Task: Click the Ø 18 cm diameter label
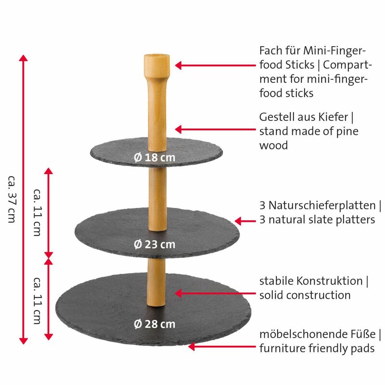(154, 157)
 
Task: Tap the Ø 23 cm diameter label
(154, 244)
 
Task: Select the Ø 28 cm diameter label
(154, 324)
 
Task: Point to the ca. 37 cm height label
(12, 199)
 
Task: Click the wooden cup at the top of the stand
(157, 66)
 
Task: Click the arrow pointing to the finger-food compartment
(215, 65)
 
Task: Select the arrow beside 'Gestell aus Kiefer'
(215, 129)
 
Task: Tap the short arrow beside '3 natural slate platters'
(245, 221)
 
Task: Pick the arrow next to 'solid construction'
(215, 293)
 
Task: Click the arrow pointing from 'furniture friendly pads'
(222, 346)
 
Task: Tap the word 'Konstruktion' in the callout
(330, 281)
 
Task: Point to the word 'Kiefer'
(333, 117)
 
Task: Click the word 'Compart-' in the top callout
(347, 65)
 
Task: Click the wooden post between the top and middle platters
(157, 199)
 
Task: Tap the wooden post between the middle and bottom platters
(156, 282)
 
